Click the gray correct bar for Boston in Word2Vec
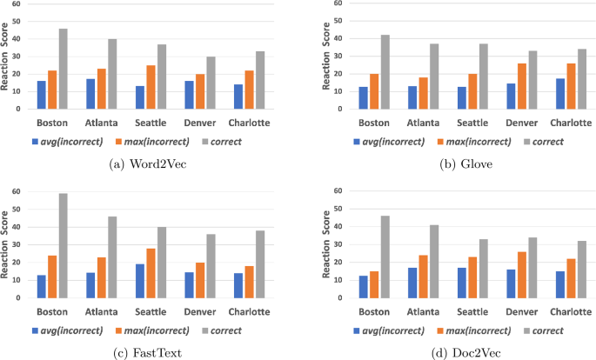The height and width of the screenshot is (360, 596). (64, 70)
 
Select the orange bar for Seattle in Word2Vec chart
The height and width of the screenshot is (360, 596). (151, 87)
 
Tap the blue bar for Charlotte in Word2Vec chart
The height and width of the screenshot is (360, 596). (238, 97)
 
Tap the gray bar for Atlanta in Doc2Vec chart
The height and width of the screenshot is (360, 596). (434, 261)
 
